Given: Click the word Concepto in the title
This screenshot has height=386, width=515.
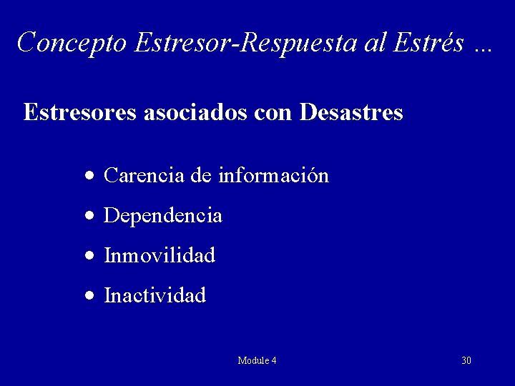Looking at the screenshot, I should (x=72, y=43).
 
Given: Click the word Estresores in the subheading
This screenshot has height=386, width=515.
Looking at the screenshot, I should (x=79, y=112).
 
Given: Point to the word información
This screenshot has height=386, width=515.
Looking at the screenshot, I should (x=274, y=175).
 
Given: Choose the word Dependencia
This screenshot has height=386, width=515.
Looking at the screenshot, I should (x=163, y=215).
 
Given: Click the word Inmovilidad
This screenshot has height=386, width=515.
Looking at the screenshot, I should (x=160, y=255).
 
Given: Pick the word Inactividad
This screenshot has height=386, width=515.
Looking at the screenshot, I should (x=155, y=295).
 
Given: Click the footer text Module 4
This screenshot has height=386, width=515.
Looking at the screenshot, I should (x=257, y=360).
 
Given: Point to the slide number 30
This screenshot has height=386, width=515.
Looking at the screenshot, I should (x=466, y=360).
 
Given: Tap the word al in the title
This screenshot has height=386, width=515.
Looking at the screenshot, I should (x=355, y=43).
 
